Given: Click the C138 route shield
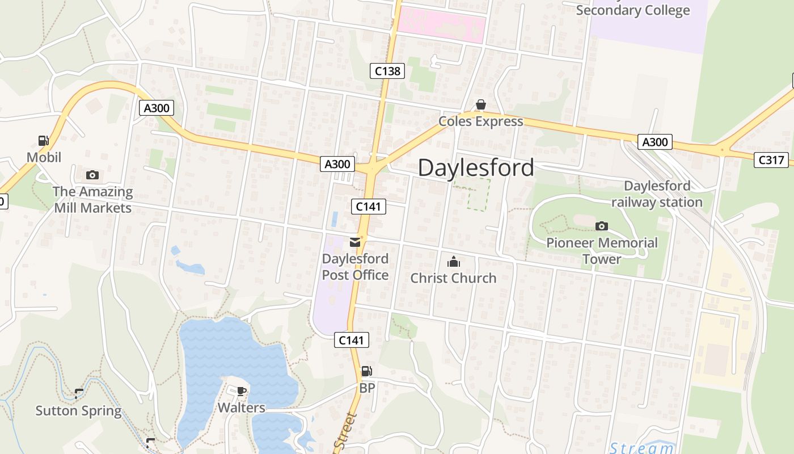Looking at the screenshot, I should [388, 71].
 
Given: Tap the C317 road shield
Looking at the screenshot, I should [771, 160].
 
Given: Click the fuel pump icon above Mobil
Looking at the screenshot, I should [43, 141].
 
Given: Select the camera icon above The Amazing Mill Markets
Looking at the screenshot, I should [92, 175].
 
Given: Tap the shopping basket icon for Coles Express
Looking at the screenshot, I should [480, 105].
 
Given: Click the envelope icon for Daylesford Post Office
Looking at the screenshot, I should [355, 243].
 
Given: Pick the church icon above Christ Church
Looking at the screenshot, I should [453, 262].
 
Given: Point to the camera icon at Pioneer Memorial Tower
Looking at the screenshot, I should [602, 226].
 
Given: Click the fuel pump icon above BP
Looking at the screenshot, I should [367, 372].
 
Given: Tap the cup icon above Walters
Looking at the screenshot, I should [241, 391].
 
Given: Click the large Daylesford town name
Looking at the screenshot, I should [476, 167].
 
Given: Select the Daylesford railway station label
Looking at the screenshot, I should [657, 194].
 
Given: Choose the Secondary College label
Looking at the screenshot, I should [633, 10].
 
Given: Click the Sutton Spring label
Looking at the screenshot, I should [78, 411].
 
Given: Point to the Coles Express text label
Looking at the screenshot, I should [481, 121].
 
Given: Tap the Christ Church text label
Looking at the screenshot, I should [453, 278].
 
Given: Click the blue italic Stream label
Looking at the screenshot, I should [641, 448].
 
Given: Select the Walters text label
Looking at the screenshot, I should [241, 408].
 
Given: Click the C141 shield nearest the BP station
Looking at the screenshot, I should [351, 340].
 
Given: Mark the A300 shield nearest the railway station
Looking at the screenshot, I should [654, 142].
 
